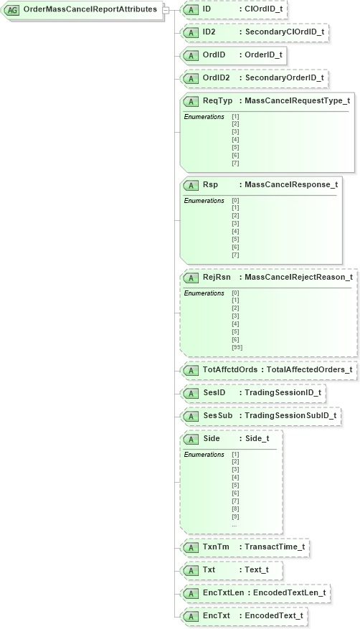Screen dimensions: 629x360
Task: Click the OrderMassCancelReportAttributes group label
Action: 90,10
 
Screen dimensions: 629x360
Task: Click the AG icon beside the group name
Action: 13,11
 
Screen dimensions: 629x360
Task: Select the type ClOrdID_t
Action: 263,9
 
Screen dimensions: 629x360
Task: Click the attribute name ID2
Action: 209,32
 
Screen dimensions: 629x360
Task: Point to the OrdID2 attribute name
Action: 216,77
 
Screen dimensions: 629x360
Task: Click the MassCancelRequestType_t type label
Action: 297,100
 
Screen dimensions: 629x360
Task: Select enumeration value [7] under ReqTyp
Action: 235,163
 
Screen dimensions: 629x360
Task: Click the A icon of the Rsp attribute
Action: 191,185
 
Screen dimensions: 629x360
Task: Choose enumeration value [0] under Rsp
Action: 235,200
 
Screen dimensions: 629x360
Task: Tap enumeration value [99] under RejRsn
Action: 237,347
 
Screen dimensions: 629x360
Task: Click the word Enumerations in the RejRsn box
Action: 204,293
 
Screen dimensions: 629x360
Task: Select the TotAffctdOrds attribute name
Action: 229,369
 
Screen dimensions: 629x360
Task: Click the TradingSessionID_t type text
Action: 283,392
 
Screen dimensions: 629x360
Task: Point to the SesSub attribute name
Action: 217,415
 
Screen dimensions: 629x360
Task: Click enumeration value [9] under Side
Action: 235,516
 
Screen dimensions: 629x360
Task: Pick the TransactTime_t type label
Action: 275,547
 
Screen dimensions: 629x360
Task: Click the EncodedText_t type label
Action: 273,615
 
